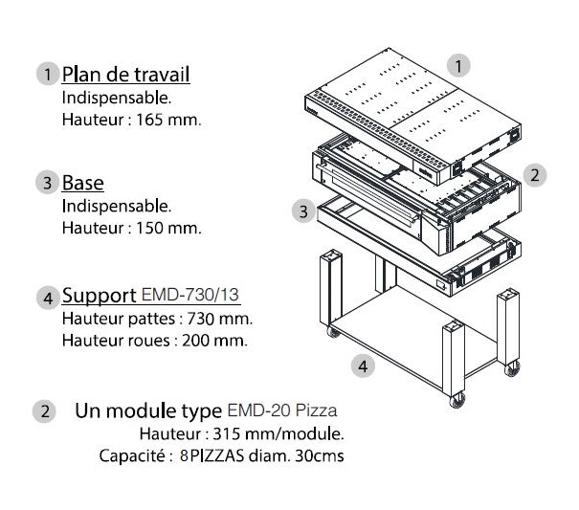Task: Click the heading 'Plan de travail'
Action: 126,75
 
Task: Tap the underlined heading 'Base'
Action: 82,183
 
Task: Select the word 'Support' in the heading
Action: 99,296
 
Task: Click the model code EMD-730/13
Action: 189,295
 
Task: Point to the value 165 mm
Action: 168,120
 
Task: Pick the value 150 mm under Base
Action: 168,228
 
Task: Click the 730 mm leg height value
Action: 220,319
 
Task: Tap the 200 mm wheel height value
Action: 214,341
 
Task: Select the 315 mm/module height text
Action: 278,433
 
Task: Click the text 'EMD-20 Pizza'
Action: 282,410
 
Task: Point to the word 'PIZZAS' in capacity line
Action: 217,455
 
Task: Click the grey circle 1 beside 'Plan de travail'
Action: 48,74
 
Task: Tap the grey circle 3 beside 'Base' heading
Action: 47,183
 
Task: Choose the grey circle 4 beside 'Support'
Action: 48,298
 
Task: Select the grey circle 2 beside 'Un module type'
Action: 44,411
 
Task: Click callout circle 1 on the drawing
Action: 458,66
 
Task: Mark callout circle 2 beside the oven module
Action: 535,175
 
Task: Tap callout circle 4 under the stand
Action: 363,366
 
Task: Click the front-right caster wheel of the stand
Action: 457,400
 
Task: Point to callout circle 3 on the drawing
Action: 303,211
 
